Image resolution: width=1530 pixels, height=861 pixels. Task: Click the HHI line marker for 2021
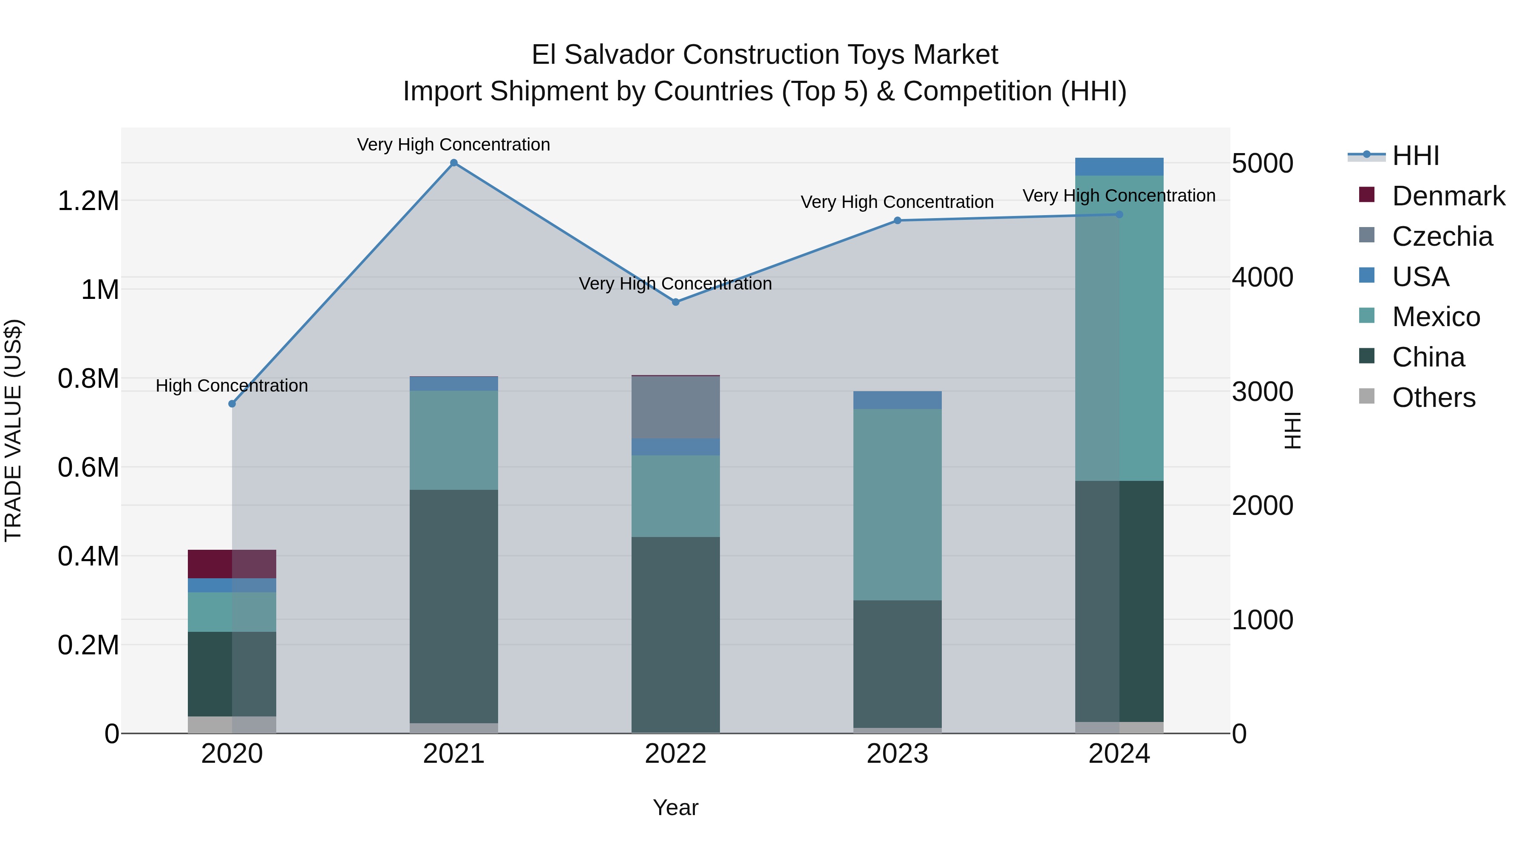coord(454,163)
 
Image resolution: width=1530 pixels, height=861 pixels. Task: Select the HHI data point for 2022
coord(675,302)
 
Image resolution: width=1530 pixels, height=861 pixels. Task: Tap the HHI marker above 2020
coord(232,404)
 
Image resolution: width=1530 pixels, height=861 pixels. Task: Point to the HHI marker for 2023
coord(898,220)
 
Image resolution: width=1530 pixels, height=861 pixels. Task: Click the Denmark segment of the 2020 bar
coord(232,564)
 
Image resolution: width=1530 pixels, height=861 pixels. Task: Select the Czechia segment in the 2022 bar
coord(675,408)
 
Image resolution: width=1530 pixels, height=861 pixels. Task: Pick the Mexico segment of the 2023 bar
coord(898,504)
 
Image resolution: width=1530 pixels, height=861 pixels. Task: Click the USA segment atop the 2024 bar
coord(1119,166)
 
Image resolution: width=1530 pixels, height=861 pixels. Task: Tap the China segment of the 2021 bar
coord(454,606)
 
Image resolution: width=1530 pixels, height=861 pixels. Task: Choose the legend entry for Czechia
coord(1442,236)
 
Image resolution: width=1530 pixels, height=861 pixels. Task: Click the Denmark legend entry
coord(1448,196)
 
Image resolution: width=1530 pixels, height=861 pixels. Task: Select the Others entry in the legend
coord(1433,398)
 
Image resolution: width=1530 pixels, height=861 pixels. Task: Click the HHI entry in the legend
coord(1415,156)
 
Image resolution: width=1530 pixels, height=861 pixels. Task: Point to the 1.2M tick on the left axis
coord(88,201)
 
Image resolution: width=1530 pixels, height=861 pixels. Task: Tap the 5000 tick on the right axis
coord(1262,163)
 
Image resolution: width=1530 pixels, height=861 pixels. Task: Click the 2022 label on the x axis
coord(675,754)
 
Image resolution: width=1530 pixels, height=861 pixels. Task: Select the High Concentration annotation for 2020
coord(232,386)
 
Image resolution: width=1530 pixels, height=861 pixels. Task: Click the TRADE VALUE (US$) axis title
coord(13,430)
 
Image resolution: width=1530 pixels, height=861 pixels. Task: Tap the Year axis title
coord(675,807)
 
